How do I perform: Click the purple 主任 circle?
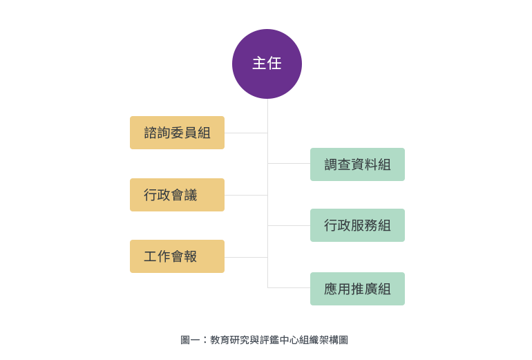[267, 64]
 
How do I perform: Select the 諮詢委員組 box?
[177, 133]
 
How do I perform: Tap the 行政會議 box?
[177, 195]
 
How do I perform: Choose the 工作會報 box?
[177, 256]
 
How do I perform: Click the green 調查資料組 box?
[357, 164]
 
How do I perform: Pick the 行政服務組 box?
[357, 225]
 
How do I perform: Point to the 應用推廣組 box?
[357, 289]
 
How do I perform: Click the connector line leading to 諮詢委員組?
[246, 133]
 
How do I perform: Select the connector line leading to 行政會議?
[246, 195]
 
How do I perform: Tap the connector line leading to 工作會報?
[246, 257]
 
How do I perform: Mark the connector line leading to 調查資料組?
[289, 163]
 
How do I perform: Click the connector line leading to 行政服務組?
[289, 225]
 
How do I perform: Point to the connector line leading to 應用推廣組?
[289, 287]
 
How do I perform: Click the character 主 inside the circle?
[259, 64]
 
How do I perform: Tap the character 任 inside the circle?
[274, 64]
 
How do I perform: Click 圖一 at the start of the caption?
[190, 340]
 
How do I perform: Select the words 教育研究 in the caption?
[229, 340]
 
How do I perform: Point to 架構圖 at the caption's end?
[334, 340]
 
